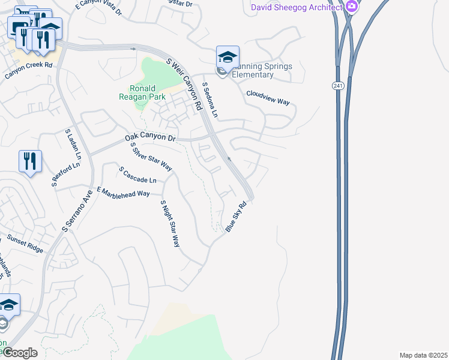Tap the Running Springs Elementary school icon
228,58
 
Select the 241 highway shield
337,86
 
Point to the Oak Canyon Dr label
150,139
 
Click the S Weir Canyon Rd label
184,83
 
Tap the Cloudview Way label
268,98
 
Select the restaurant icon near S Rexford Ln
30,161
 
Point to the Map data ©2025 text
423,355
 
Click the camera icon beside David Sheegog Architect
352,7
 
